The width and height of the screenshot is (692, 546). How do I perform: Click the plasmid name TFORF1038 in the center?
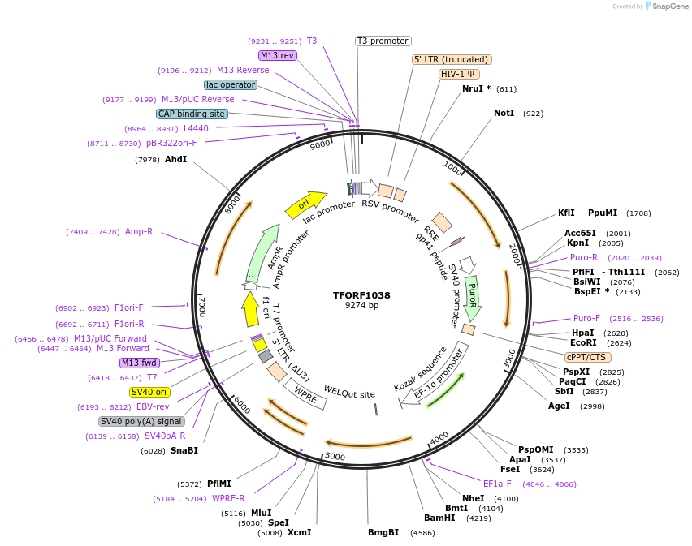(x=361, y=295)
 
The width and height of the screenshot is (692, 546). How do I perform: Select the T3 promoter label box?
(x=383, y=41)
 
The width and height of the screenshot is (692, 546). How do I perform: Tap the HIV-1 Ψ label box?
(x=459, y=74)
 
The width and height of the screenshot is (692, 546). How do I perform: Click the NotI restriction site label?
(x=504, y=113)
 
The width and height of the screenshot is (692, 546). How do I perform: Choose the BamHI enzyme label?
(x=440, y=518)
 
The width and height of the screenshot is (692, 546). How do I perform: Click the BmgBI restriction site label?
(x=383, y=533)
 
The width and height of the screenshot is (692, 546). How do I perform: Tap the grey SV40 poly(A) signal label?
(x=141, y=421)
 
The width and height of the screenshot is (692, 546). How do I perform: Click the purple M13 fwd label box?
(x=140, y=363)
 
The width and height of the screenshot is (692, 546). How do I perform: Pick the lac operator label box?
(x=231, y=84)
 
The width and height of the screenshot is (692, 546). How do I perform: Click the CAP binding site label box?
(x=192, y=114)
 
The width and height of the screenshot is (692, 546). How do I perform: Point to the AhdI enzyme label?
(x=176, y=159)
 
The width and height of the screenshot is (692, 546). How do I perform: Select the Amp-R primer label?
(x=139, y=231)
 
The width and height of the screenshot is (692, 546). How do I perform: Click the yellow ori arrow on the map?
(x=305, y=205)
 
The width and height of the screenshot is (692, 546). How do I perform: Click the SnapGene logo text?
(x=669, y=6)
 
